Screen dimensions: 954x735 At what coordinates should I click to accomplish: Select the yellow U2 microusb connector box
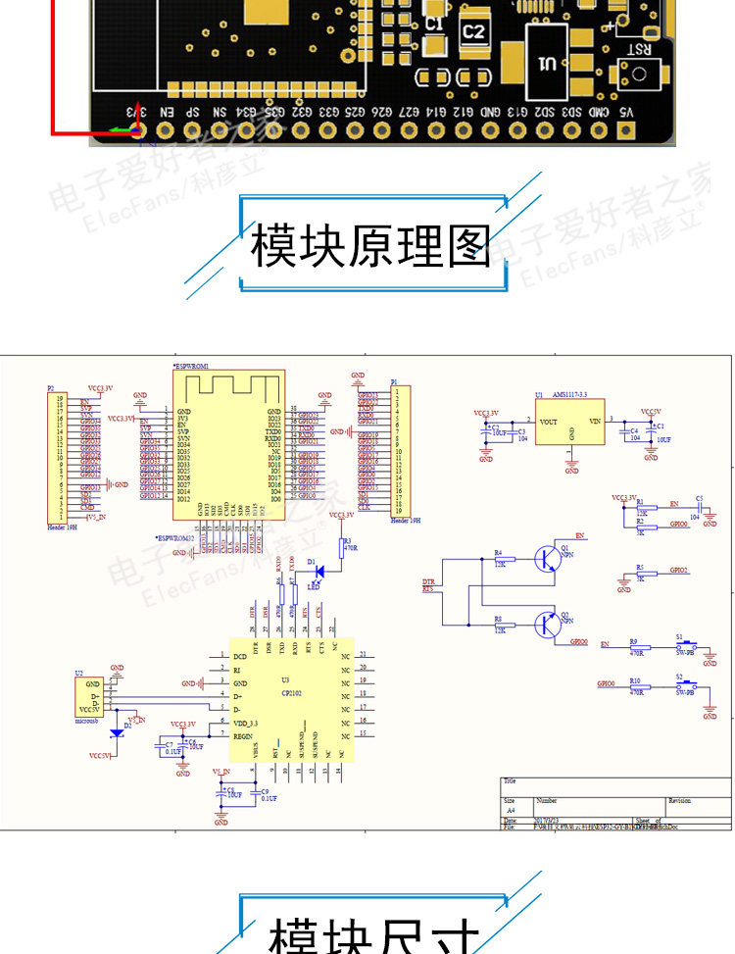[x=88, y=697]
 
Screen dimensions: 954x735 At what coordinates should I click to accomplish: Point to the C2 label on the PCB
[x=473, y=32]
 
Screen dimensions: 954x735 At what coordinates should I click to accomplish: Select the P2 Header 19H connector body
[x=62, y=455]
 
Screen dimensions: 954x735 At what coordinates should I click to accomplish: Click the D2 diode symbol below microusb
[x=118, y=731]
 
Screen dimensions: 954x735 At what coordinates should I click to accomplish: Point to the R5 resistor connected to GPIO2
[x=640, y=574]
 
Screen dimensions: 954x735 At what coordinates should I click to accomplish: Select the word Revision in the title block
[x=678, y=801]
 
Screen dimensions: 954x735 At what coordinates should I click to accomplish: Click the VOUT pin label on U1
[x=549, y=422]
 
